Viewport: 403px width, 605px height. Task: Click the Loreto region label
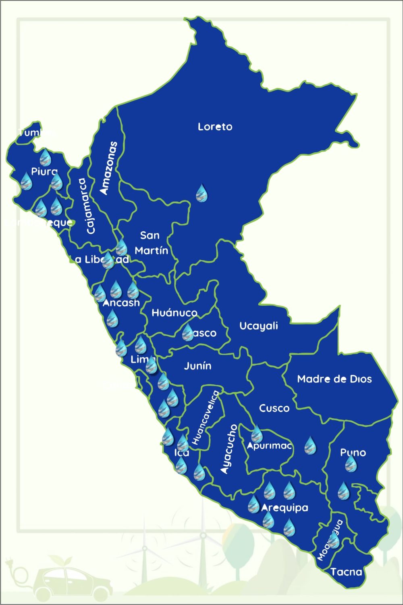pos(215,127)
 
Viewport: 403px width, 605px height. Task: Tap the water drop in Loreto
pos(201,193)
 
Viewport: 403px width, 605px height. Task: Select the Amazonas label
pos(109,168)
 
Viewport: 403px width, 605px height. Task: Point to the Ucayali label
pos(259,326)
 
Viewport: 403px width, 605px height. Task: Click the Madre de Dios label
pos(334,379)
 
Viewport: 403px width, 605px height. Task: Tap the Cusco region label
pos(274,408)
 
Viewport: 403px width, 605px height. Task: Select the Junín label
pos(197,366)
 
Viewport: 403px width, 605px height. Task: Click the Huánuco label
pos(174,313)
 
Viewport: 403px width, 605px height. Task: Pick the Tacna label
pos(346,572)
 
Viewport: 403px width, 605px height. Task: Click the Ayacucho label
pos(229,449)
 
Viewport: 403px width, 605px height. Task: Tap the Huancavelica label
pos(206,417)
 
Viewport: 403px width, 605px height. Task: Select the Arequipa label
pos(285,508)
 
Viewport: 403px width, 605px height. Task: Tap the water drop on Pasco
pos(188,333)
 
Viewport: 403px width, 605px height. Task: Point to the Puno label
pos(353,452)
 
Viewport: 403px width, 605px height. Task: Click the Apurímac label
pos(269,446)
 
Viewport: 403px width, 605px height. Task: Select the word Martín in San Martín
pos(151,251)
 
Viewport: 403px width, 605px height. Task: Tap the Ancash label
pos(121,303)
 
